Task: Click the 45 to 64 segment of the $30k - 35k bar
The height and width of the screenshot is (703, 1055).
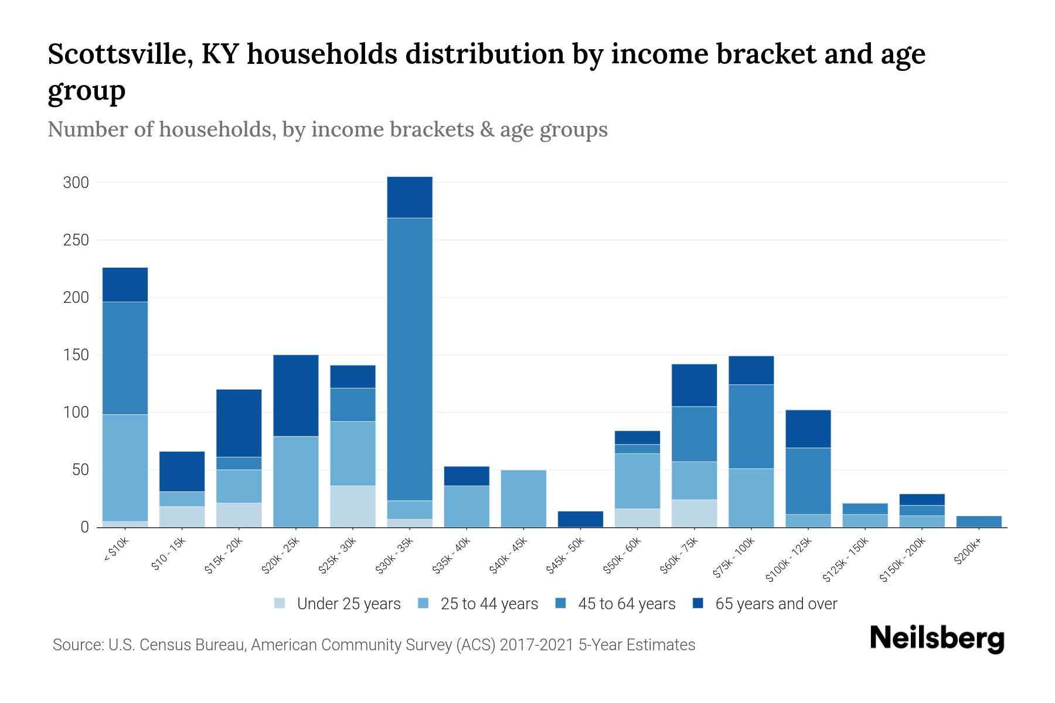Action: (x=410, y=359)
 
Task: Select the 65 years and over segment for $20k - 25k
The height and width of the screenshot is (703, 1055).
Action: (x=296, y=395)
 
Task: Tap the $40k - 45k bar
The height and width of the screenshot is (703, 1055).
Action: (x=523, y=498)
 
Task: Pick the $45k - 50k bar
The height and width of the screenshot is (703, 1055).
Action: (x=580, y=519)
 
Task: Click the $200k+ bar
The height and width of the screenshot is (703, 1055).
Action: (x=979, y=521)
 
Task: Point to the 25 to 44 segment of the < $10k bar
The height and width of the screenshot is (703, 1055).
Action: (x=125, y=467)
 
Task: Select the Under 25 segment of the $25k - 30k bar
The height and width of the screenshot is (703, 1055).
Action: (x=353, y=506)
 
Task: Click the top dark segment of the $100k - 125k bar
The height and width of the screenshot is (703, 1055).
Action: (x=808, y=429)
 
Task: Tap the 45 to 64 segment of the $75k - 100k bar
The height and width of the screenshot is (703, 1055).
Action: (x=751, y=426)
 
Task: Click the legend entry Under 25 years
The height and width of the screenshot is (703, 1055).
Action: (x=348, y=604)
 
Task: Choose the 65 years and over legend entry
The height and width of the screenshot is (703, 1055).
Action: (x=775, y=604)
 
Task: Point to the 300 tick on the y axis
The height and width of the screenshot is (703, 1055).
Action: (x=76, y=183)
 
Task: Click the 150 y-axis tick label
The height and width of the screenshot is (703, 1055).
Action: (x=76, y=355)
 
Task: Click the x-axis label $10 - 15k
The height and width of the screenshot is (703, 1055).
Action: (x=168, y=555)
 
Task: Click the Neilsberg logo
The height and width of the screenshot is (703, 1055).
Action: (x=937, y=639)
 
